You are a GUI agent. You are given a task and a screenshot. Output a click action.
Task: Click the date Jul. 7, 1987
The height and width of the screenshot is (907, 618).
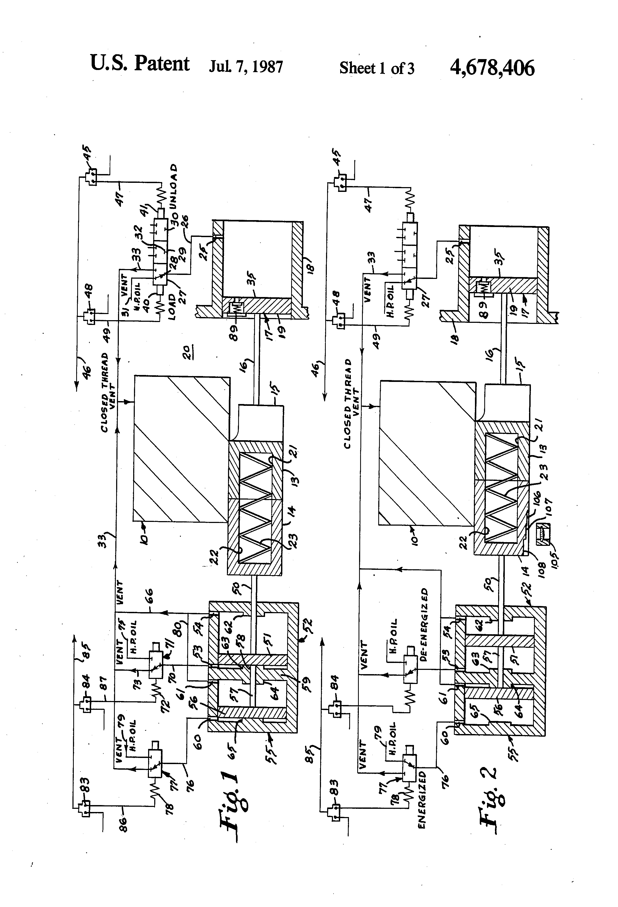tap(246, 67)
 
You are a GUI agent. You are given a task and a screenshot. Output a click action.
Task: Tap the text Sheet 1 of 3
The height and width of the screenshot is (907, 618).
tap(377, 68)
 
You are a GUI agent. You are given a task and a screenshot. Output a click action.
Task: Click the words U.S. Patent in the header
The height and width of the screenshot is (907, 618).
tap(140, 63)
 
